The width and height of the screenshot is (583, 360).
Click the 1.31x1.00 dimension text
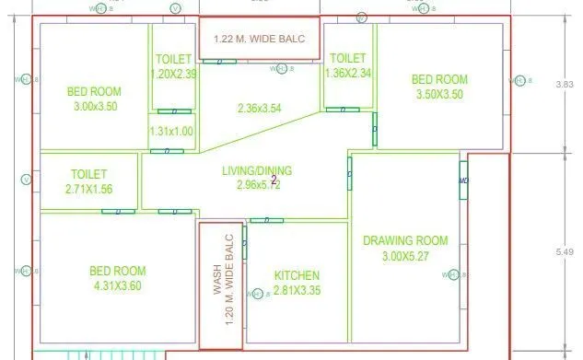[x=171, y=132]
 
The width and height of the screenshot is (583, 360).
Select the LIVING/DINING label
[x=257, y=171]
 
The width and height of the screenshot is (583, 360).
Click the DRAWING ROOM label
[x=405, y=241]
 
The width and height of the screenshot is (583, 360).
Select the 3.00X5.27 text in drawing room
[x=405, y=256]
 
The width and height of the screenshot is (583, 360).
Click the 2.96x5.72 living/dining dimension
[x=257, y=185]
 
